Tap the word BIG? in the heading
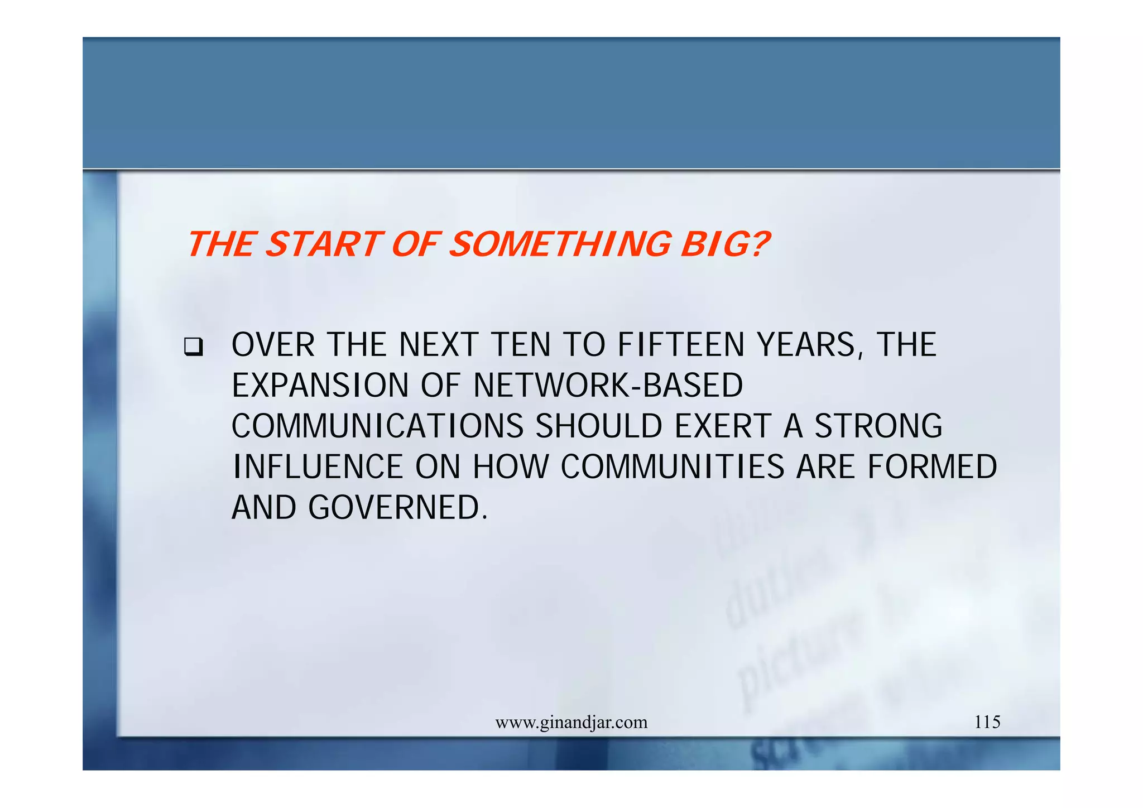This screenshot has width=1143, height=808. point(724,244)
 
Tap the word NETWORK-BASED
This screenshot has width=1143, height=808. point(608,385)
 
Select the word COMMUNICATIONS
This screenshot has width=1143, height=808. point(377,426)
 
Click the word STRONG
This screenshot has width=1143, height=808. point(878,426)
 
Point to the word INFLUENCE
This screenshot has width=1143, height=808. point(318,466)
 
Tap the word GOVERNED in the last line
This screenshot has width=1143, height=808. point(397,507)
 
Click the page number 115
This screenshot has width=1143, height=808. point(987,722)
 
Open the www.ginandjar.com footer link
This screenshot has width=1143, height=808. point(571,723)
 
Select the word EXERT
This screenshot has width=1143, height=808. point(723,426)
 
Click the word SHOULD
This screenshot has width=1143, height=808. point(599,426)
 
